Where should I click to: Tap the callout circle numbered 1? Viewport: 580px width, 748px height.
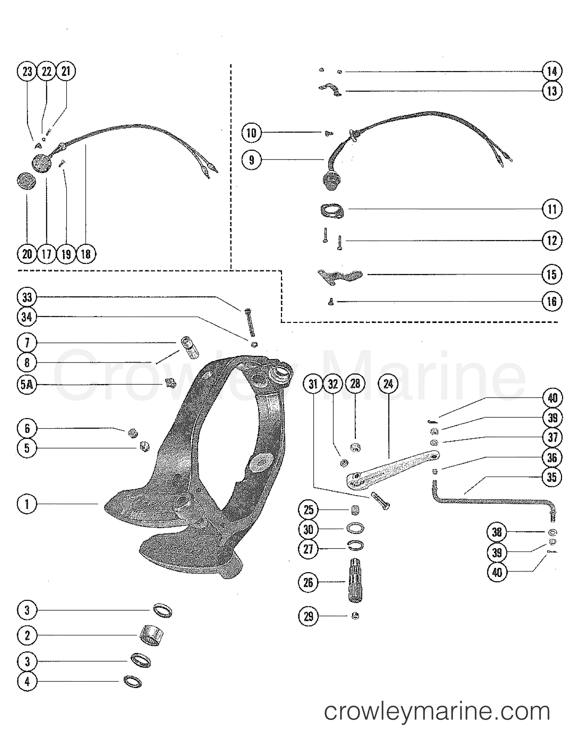(x=27, y=504)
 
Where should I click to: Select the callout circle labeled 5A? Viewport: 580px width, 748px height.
(x=27, y=384)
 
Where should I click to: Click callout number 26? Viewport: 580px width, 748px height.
(x=308, y=582)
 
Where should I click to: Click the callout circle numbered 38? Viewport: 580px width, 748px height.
(x=496, y=532)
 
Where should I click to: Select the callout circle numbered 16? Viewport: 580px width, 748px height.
(x=552, y=301)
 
